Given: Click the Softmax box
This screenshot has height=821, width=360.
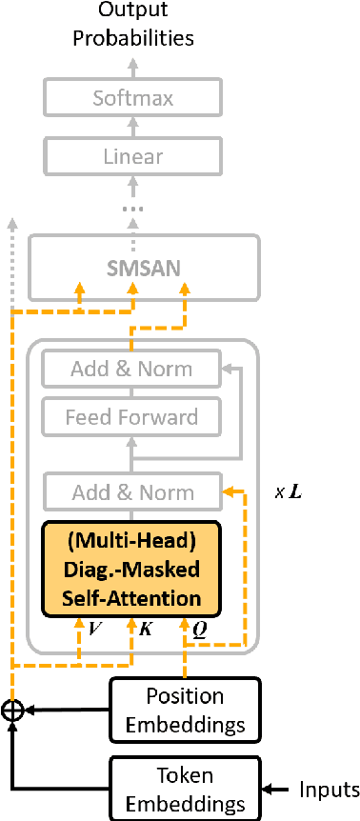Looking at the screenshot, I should pyautogui.click(x=132, y=97).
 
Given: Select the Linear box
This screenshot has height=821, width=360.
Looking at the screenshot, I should pyautogui.click(x=132, y=155).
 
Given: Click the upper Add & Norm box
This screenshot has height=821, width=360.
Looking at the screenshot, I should pyautogui.click(x=132, y=369).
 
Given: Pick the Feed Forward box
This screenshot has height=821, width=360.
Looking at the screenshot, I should pyautogui.click(x=132, y=416).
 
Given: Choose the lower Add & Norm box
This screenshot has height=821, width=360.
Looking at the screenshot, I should pyautogui.click(x=132, y=492).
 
